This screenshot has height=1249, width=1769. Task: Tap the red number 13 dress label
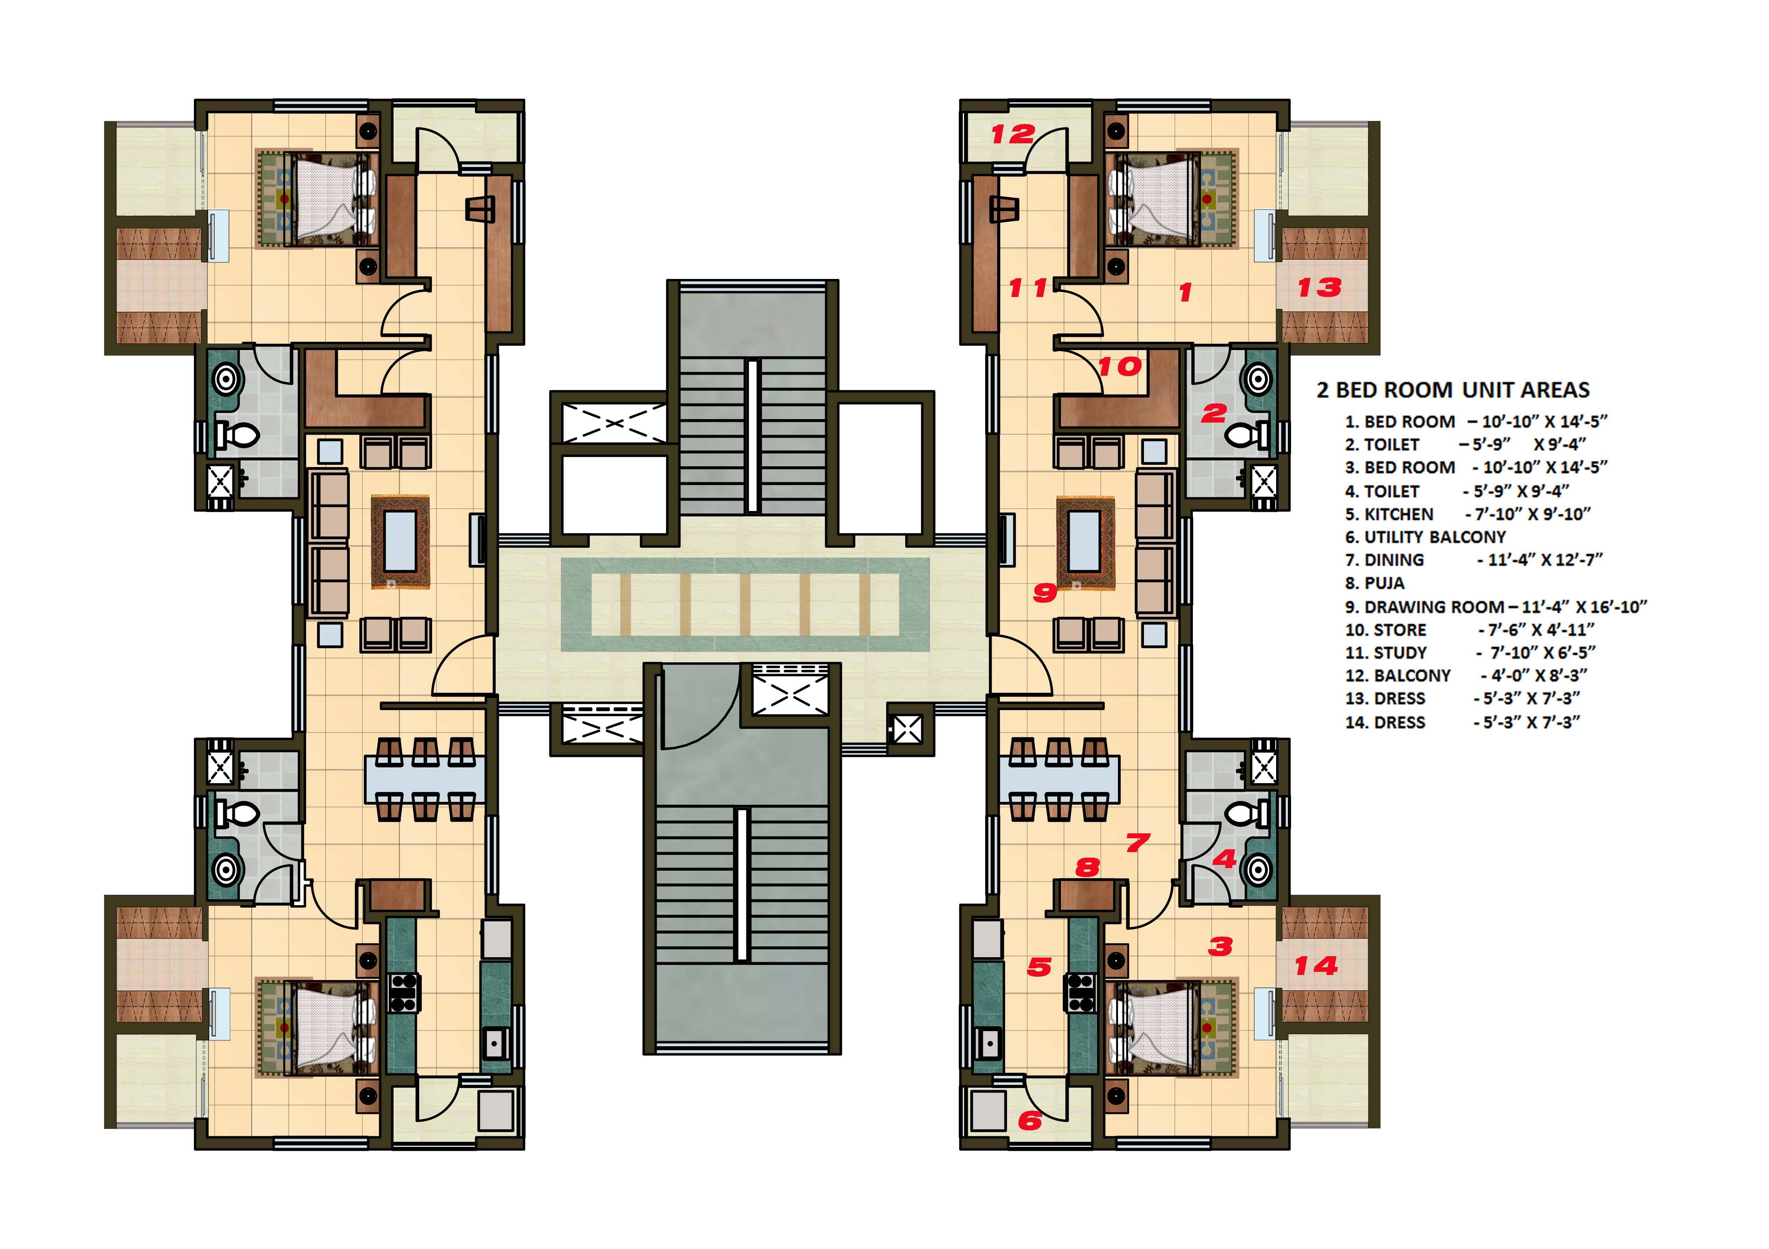click(1319, 287)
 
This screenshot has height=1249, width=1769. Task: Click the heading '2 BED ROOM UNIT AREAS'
click(1453, 390)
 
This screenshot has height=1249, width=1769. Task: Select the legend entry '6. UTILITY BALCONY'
click(1425, 537)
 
